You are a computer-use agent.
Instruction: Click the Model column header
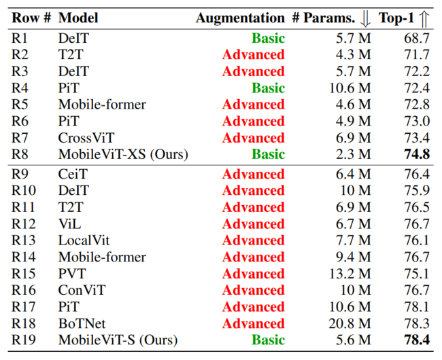[x=78, y=18]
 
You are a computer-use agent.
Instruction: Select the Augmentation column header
[x=240, y=18]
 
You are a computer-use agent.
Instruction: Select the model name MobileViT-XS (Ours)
[x=123, y=155]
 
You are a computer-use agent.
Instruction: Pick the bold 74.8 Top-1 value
[x=418, y=155]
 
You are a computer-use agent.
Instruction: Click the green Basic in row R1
[x=268, y=39]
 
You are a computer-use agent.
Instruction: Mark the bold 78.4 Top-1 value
[x=418, y=340]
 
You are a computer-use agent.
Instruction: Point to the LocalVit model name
[x=84, y=240]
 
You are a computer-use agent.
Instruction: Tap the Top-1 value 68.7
[x=418, y=39]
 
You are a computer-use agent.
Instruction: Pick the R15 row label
[x=25, y=274]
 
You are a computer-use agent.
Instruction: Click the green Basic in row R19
[x=268, y=340]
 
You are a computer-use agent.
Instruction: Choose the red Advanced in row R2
[x=253, y=55]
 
